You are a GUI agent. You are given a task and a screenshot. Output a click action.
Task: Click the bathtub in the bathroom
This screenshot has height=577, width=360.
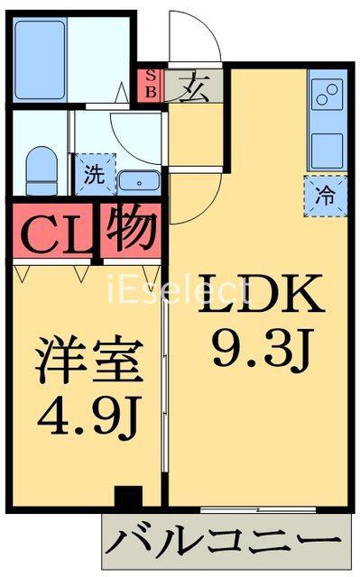point(41,60)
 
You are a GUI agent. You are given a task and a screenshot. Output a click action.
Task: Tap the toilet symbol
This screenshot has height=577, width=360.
point(42,170)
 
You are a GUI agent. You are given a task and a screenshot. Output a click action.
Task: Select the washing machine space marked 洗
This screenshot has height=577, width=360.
point(96,174)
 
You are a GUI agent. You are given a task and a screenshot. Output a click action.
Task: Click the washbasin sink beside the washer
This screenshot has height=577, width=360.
point(139,182)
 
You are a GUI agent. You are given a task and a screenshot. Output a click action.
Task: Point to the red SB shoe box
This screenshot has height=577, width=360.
point(151,85)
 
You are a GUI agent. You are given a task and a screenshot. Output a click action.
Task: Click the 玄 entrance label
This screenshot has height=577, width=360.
point(194,88)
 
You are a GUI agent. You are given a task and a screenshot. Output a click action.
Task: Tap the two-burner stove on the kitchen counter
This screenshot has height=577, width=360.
point(327,94)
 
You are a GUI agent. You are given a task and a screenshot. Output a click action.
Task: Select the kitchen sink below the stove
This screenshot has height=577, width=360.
point(327,150)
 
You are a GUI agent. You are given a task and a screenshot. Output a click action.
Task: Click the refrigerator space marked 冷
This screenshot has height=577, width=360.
point(326,196)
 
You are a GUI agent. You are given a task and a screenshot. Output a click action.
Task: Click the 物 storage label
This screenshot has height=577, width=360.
point(132,227)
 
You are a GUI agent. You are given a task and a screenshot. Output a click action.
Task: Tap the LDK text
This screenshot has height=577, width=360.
point(262,293)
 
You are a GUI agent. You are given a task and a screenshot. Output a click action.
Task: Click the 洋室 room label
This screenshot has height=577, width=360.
point(88,359)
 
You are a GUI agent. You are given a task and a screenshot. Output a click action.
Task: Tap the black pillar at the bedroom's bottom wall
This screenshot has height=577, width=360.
point(128,497)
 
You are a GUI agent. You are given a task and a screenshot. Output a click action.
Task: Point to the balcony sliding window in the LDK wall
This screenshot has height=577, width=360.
point(258,510)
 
